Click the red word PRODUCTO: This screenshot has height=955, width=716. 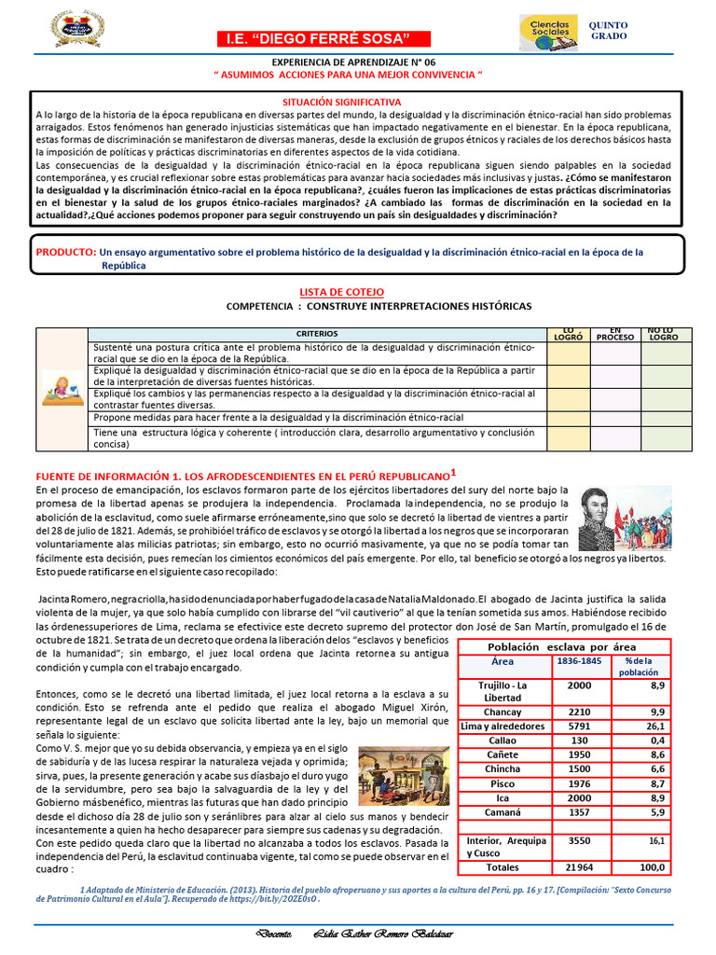[x=65, y=253]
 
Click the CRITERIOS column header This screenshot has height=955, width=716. [x=318, y=333]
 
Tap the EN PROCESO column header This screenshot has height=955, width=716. [x=614, y=333]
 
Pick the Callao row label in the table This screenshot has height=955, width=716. [x=503, y=740]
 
